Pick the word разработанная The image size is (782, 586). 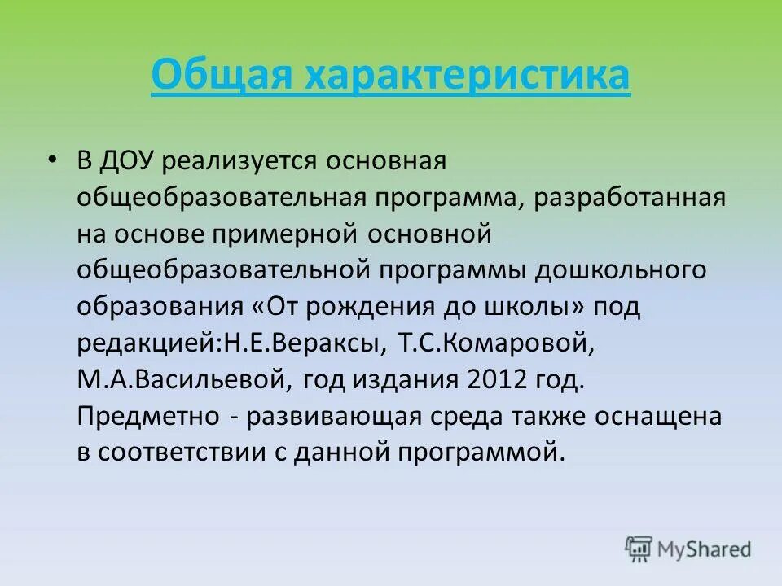[x=630, y=198]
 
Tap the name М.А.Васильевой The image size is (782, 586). [x=183, y=379]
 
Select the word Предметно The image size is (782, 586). [x=147, y=417]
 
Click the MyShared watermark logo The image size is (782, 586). [x=688, y=549]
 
